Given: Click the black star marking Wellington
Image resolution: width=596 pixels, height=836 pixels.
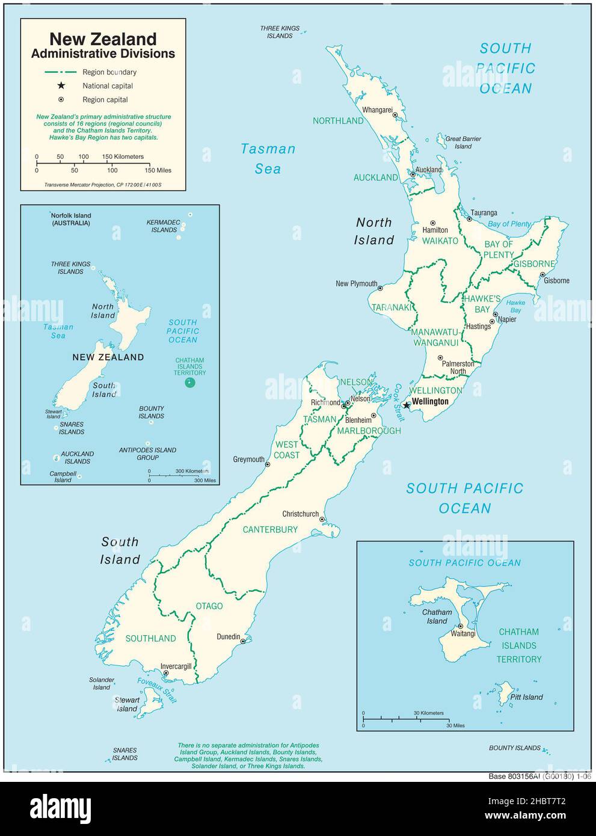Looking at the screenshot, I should click(x=407, y=405).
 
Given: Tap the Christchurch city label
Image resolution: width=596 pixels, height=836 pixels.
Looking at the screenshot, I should click(x=301, y=514).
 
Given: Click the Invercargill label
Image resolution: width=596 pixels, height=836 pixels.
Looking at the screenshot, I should click(x=176, y=666).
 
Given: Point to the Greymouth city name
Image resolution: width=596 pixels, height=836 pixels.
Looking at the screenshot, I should click(x=248, y=459).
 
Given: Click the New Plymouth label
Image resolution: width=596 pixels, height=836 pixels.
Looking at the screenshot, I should click(x=356, y=284).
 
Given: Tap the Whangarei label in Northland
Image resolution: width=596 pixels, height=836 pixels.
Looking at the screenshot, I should click(x=377, y=110).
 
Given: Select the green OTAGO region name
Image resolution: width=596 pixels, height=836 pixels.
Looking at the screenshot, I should click(x=209, y=606).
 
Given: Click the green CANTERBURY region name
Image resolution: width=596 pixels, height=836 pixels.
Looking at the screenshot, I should click(x=270, y=530).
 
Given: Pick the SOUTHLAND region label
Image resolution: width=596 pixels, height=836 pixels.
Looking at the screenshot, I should click(x=150, y=639).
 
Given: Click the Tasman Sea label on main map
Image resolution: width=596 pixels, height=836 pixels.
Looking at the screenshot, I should click(x=268, y=159).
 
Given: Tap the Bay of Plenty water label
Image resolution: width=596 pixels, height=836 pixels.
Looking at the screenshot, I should click(x=509, y=224).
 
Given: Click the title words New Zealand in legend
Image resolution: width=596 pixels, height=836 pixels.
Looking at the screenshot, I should click(x=103, y=40).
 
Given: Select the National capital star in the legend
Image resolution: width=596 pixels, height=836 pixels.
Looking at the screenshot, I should click(x=61, y=86).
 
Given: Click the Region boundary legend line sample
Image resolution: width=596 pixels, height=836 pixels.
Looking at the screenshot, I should click(x=61, y=72).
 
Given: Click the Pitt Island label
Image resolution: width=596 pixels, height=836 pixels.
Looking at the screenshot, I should click(x=526, y=698).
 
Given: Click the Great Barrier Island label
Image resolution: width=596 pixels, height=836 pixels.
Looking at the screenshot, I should click(x=463, y=143).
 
